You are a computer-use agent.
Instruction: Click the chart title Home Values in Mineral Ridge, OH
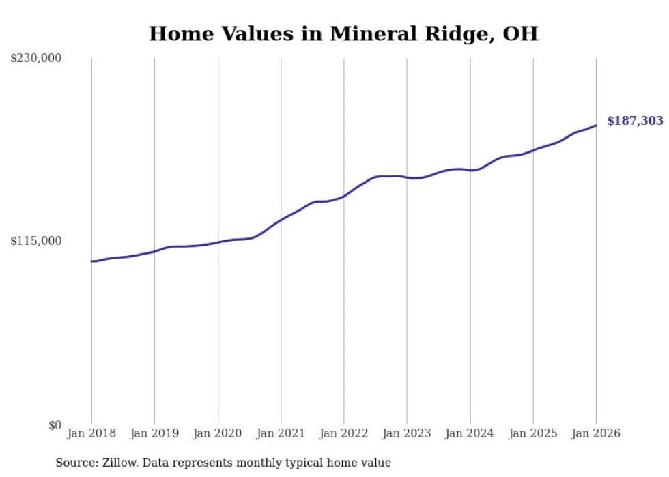[343, 33]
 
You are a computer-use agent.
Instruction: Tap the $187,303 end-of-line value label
[635, 121]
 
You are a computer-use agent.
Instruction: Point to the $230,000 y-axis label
[35, 59]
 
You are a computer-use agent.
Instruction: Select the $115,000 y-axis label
[35, 241]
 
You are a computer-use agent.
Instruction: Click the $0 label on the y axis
[54, 425]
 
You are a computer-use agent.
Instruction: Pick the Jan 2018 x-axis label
[91, 433]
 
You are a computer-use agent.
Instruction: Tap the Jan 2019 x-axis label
[154, 433]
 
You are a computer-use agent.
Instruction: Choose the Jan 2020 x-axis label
[218, 433]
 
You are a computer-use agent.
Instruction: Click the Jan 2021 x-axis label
[281, 433]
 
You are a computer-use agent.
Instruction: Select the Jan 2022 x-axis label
[344, 433]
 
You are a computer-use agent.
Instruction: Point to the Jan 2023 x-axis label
[407, 433]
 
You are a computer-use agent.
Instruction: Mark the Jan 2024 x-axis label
[470, 433]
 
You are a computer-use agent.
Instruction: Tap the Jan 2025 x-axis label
[533, 433]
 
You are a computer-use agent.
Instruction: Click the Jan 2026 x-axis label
[596, 433]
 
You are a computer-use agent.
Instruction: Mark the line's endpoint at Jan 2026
[596, 125]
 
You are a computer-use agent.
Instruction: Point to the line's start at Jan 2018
[91, 261]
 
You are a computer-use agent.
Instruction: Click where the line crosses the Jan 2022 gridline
[344, 196]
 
